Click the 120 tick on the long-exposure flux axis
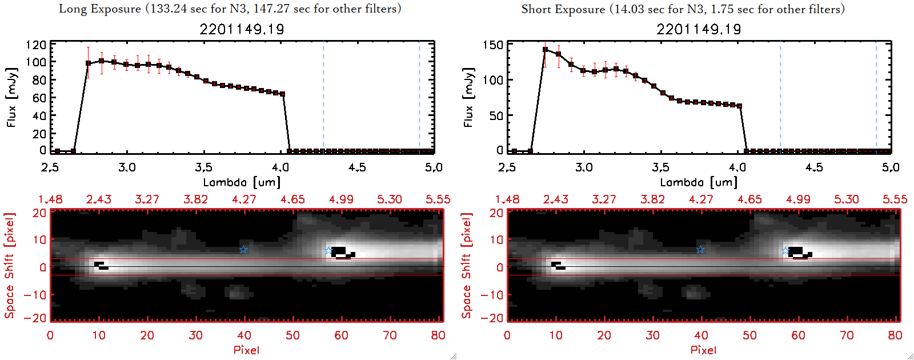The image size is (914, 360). tap(36, 45)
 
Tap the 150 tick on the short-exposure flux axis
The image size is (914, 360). tap(493, 45)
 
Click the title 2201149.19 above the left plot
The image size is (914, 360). tap(242, 29)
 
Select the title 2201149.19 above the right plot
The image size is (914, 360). tap(699, 29)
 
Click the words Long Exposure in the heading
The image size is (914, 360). tap(100, 9)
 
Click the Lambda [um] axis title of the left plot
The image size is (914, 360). tap(242, 182)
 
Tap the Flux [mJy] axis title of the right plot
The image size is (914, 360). tap(469, 97)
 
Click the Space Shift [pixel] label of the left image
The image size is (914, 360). tap(10, 265)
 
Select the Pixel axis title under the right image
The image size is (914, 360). tap(703, 350)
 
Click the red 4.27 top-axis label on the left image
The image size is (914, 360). tap(244, 199)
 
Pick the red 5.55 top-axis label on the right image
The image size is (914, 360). tap(895, 199)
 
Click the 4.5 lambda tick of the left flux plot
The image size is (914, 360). tap(357, 167)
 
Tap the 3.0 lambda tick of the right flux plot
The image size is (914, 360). tap(584, 167)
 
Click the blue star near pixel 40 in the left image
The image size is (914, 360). tap(244, 249)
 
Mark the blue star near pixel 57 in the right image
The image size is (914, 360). tap(785, 251)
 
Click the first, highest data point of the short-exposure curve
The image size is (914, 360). tap(545, 50)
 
